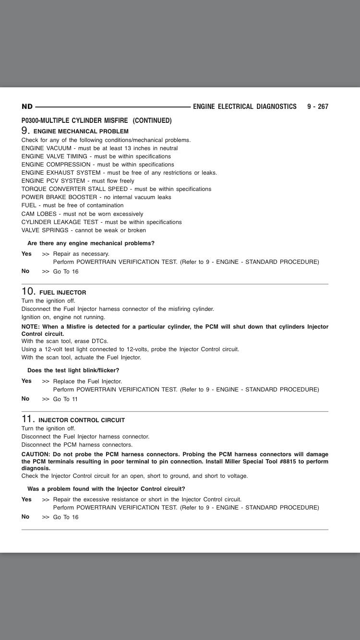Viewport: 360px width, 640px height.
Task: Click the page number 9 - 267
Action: (317, 107)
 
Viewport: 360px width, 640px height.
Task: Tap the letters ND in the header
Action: (27, 107)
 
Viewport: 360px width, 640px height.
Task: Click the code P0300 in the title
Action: (32, 120)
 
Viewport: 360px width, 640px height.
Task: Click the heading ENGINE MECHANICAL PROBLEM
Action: (81, 131)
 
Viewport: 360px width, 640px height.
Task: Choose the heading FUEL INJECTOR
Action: (63, 293)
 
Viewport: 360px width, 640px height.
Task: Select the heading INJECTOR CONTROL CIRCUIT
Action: (82, 420)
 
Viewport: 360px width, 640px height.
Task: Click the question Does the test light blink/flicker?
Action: (73, 370)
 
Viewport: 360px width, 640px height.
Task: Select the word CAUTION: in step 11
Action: (36, 454)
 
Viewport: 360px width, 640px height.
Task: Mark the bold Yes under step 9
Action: (26, 253)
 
